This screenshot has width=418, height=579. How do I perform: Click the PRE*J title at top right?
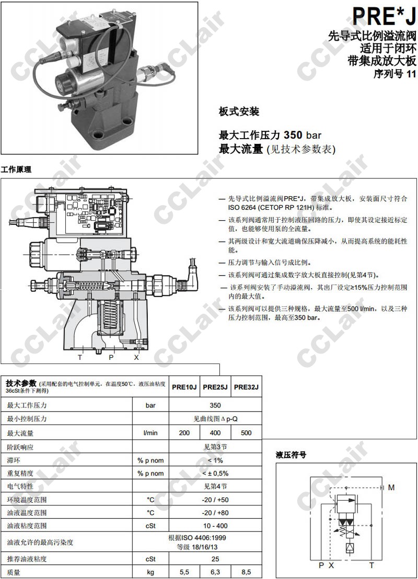[384, 16]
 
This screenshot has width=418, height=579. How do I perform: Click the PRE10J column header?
[184, 387]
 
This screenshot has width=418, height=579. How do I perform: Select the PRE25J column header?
[215, 387]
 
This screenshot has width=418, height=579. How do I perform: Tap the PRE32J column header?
[246, 387]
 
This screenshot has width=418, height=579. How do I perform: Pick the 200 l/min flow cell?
[184, 433]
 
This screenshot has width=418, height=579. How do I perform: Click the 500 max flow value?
[246, 433]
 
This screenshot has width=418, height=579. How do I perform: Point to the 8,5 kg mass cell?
[246, 572]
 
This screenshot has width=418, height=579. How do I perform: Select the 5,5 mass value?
[184, 572]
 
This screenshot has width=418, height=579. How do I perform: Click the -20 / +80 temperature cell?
[215, 513]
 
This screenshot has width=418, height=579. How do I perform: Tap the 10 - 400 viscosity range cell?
[215, 526]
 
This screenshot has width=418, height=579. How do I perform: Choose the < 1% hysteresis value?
[215, 460]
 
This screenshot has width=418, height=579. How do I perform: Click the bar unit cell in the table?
[150, 405]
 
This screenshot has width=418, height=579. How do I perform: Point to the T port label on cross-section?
[80, 357]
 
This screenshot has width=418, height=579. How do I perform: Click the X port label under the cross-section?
[136, 357]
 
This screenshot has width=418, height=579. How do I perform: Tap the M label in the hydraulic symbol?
[391, 487]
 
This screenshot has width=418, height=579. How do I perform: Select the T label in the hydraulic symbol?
[371, 565]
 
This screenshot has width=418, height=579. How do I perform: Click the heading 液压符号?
[291, 455]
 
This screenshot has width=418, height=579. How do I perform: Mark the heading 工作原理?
[16, 169]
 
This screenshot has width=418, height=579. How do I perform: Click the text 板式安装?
[239, 111]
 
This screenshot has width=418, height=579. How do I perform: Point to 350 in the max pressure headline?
[293, 135]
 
